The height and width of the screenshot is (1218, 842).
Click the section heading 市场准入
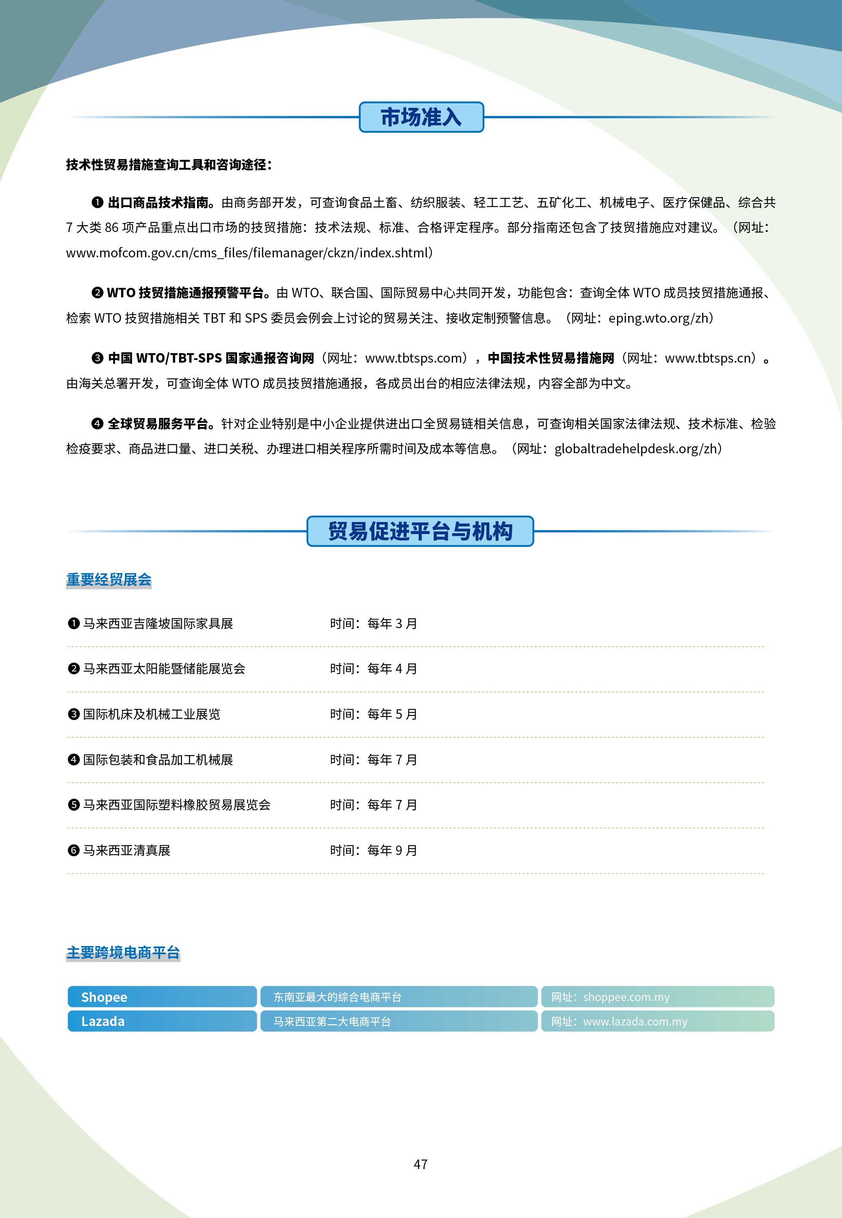click(x=421, y=117)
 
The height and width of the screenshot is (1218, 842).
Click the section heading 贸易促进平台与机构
click(x=420, y=531)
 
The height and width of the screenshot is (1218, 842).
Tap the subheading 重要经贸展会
click(x=109, y=580)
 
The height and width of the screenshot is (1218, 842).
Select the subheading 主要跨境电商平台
click(x=123, y=952)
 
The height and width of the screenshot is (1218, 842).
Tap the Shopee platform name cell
click(x=161, y=996)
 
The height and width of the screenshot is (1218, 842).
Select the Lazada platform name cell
click(x=161, y=1021)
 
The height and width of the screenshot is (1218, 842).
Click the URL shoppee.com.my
click(x=626, y=997)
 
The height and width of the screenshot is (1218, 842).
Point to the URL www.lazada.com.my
click(x=635, y=1021)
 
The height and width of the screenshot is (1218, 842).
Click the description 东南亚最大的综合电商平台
click(x=337, y=997)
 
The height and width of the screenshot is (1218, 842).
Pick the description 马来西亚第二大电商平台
click(x=332, y=1021)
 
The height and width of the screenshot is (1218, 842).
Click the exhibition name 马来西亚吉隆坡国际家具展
click(x=158, y=623)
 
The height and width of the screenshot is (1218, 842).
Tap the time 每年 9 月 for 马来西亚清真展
click(x=392, y=850)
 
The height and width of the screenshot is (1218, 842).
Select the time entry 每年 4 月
click(x=392, y=669)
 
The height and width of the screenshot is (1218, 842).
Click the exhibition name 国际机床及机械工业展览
click(x=152, y=714)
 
